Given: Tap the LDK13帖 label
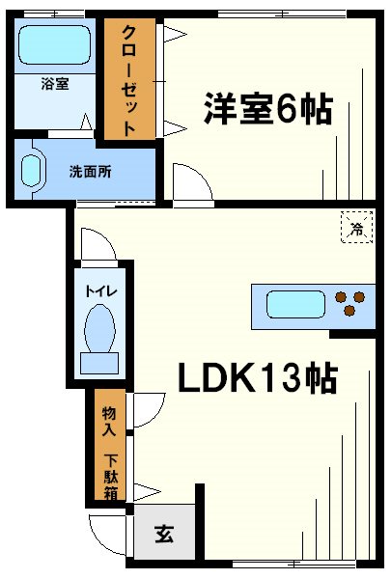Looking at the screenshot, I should [256, 379].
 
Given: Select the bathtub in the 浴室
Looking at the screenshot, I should [53, 46].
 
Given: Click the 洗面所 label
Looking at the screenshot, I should [90, 172].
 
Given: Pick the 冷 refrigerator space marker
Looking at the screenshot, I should [355, 229].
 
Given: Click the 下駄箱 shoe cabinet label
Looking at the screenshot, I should [110, 470].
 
